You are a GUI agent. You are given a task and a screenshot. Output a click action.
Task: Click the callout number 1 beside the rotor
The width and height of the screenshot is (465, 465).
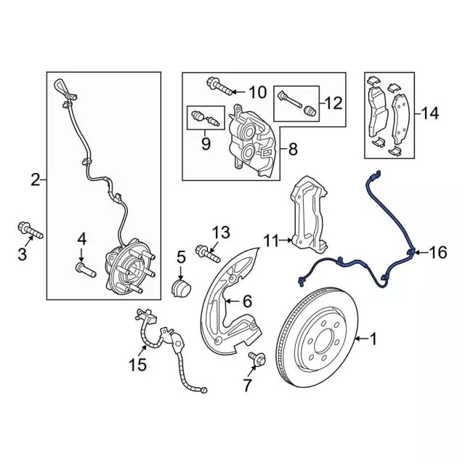373,338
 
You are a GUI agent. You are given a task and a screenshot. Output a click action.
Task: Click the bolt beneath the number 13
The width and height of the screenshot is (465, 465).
209,254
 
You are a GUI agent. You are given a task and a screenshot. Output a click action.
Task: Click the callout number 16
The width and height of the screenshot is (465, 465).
437,252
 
